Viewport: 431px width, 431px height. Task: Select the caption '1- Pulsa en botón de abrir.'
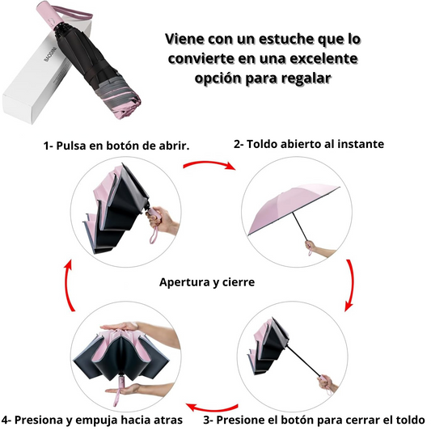point(116,146)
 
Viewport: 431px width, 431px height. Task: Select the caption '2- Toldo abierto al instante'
point(309,144)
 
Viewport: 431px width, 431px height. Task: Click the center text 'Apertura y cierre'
point(207,282)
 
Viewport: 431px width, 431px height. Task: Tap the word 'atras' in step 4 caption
point(169,420)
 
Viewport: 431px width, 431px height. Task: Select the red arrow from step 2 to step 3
point(350,285)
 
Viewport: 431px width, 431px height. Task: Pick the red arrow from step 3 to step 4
point(211,408)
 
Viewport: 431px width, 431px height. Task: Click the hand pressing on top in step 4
point(121,327)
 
